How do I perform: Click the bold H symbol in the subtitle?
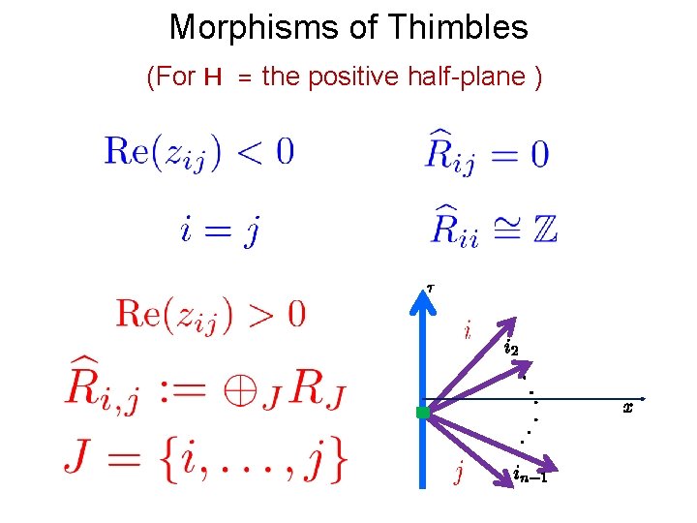214,77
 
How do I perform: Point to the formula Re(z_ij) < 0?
199,153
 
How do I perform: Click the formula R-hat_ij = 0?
488,151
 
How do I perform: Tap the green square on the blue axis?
422,413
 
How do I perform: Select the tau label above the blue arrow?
431,286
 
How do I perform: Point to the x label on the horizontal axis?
627,408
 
